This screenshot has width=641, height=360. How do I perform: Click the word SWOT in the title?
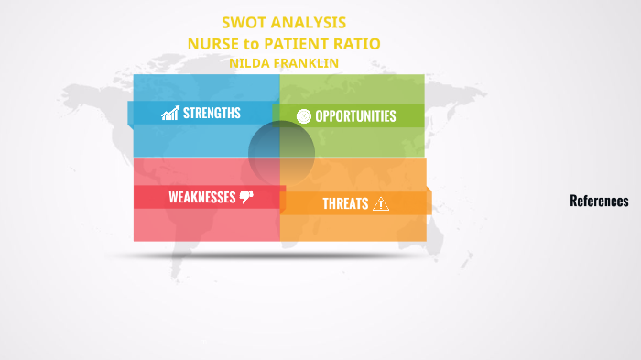click(x=245, y=23)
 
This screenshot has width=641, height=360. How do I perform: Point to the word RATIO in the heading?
click(x=357, y=43)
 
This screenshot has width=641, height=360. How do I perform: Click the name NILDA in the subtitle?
click(x=248, y=62)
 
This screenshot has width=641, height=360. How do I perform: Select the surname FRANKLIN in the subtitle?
click(x=306, y=62)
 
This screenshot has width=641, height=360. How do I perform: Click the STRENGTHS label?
click(x=212, y=113)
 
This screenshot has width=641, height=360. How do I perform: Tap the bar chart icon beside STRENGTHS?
click(x=169, y=114)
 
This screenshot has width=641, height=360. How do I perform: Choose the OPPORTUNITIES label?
click(x=355, y=116)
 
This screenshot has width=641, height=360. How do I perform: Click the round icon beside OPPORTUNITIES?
click(x=304, y=116)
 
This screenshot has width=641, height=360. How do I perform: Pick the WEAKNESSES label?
click(x=201, y=197)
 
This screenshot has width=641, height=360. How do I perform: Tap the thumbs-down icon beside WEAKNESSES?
click(x=246, y=197)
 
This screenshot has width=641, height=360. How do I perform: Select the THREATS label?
click(x=345, y=203)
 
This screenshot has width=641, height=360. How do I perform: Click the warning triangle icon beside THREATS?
click(x=381, y=203)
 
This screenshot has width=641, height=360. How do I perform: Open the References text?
click(x=599, y=202)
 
